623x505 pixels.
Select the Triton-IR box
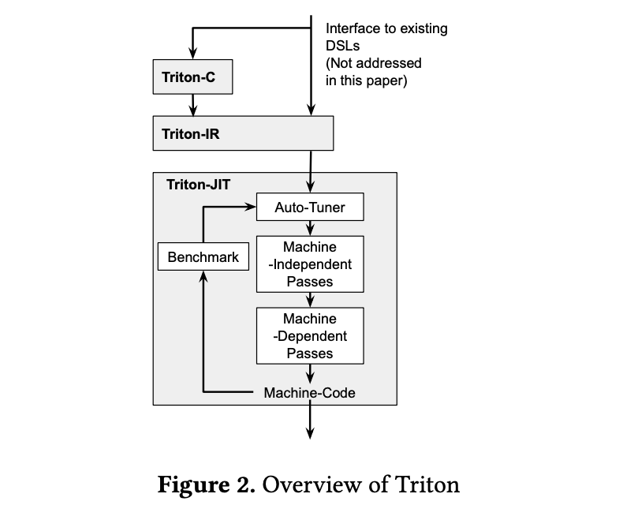[x=243, y=133]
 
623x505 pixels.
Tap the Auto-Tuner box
[x=310, y=208]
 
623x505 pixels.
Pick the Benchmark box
[x=203, y=256]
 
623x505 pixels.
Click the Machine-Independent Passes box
[x=310, y=264]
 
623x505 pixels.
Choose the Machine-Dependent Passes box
[x=310, y=335]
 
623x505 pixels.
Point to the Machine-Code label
[x=309, y=392]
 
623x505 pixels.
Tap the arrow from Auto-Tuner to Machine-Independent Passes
[x=311, y=228]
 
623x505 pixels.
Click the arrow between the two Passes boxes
[x=311, y=300]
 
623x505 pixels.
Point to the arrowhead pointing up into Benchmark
[x=203, y=275]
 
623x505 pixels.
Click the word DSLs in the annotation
[x=343, y=46]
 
